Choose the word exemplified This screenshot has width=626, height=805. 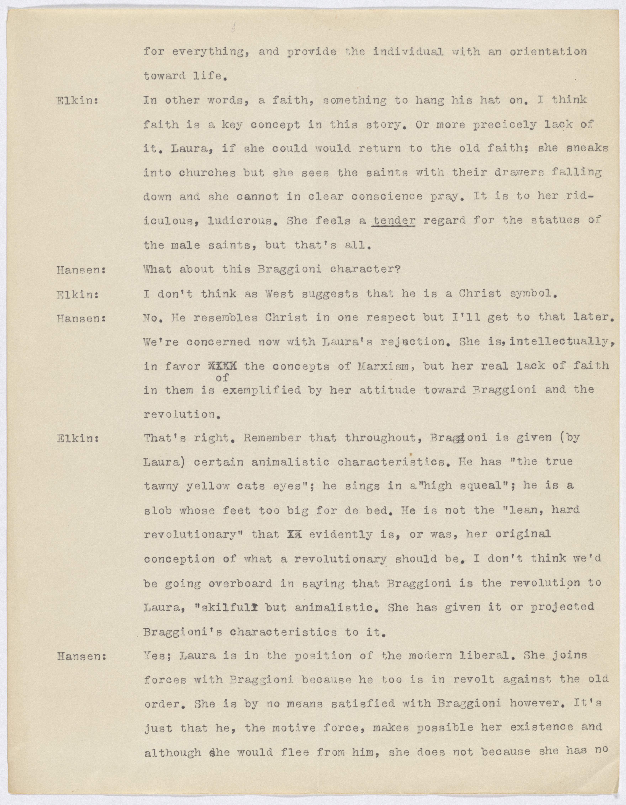click(x=262, y=390)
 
